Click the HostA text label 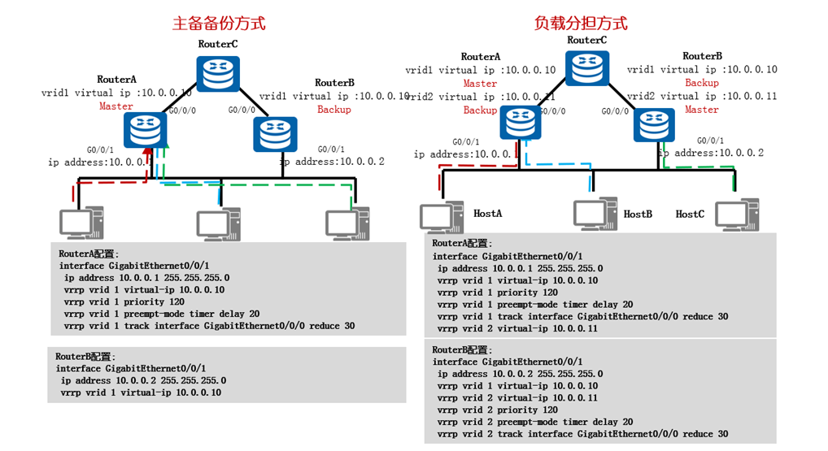(488, 213)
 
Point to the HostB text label (638, 214)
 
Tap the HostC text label (690, 214)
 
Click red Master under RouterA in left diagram (116, 106)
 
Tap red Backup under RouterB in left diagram (333, 110)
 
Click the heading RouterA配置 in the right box (461, 243)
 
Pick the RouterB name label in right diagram (702, 56)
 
